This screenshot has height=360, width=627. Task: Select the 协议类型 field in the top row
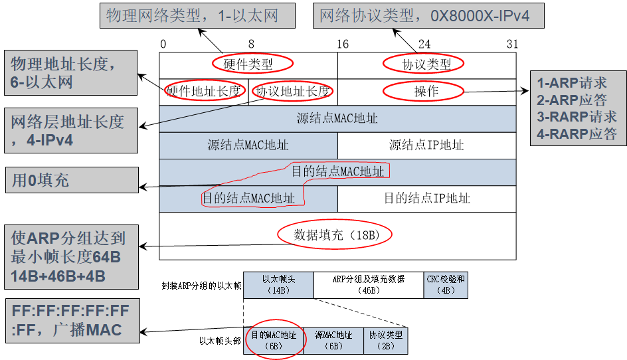click(426, 64)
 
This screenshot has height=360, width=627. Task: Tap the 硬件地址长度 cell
click(203, 92)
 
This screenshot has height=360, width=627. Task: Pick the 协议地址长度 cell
click(293, 92)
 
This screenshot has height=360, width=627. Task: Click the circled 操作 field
click(426, 92)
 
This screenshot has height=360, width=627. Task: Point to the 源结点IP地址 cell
click(426, 145)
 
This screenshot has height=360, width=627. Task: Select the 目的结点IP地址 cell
click(426, 198)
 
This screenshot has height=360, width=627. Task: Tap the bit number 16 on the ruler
click(343, 45)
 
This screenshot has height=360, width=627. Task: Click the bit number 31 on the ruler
click(511, 45)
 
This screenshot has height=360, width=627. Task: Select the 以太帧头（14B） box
click(278, 284)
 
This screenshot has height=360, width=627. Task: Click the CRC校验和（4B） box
click(445, 284)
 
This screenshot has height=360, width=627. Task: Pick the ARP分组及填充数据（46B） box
click(368, 284)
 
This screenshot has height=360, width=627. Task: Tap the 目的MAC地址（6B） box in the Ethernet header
click(273, 340)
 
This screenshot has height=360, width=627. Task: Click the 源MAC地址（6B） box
click(333, 340)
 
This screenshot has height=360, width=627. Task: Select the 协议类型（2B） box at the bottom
click(386, 340)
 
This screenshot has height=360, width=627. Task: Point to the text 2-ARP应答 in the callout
click(572, 100)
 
